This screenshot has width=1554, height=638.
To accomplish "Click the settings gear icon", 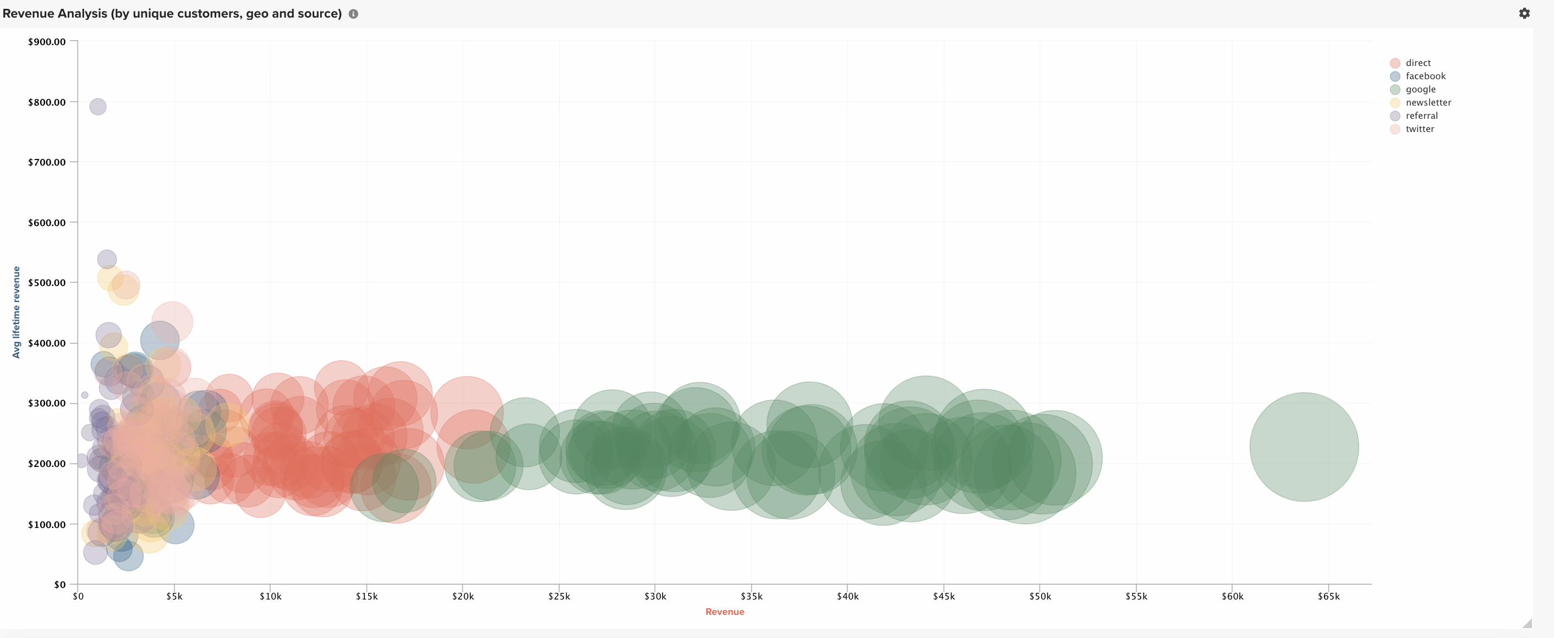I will (1524, 13).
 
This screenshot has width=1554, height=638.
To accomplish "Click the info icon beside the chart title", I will (353, 14).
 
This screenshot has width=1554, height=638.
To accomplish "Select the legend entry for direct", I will (1418, 63).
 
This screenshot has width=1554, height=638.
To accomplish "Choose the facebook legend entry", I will (1425, 76).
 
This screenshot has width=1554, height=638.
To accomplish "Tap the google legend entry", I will (1420, 89).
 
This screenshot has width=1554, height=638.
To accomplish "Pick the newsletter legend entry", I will (1428, 102).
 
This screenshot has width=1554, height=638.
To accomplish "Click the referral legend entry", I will (1421, 116).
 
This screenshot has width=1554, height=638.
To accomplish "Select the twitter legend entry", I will (1420, 129).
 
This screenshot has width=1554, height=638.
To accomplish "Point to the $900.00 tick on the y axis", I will (47, 42).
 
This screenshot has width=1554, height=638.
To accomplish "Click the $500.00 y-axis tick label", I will (47, 283).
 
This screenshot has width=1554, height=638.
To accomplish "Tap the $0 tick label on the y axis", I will (60, 584).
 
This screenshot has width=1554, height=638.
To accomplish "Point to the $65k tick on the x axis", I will (1328, 596).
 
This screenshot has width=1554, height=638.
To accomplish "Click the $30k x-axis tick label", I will (655, 596).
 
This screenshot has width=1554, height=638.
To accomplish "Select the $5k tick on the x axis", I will (174, 596).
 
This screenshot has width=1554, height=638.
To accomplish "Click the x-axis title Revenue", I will (725, 612).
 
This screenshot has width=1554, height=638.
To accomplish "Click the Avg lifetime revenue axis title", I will (17, 312).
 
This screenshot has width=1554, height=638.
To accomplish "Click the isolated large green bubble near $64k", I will (1304, 447).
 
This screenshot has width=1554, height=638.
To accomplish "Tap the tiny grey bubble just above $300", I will (84, 395).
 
